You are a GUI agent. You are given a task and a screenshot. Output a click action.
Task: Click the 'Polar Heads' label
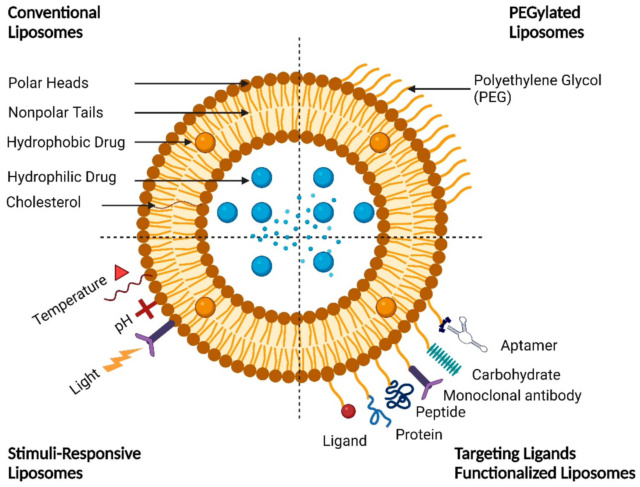48,83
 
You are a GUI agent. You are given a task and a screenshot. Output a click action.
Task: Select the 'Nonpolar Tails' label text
56,112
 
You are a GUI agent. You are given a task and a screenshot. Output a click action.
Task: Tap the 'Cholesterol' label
44,202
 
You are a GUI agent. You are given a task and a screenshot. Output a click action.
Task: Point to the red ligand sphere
348,411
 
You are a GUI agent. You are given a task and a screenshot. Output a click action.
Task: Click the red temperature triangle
121,272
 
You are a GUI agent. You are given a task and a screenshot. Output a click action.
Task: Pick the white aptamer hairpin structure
467,336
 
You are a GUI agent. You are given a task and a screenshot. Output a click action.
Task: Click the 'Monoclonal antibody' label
512,395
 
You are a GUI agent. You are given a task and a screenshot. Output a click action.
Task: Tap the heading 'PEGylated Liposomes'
546,23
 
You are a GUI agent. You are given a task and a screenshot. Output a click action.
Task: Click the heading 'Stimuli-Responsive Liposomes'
74,463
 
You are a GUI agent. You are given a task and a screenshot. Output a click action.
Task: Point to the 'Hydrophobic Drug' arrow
162,142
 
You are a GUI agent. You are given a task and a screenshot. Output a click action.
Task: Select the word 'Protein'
419,435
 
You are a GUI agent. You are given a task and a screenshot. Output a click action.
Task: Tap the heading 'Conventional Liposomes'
54,23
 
